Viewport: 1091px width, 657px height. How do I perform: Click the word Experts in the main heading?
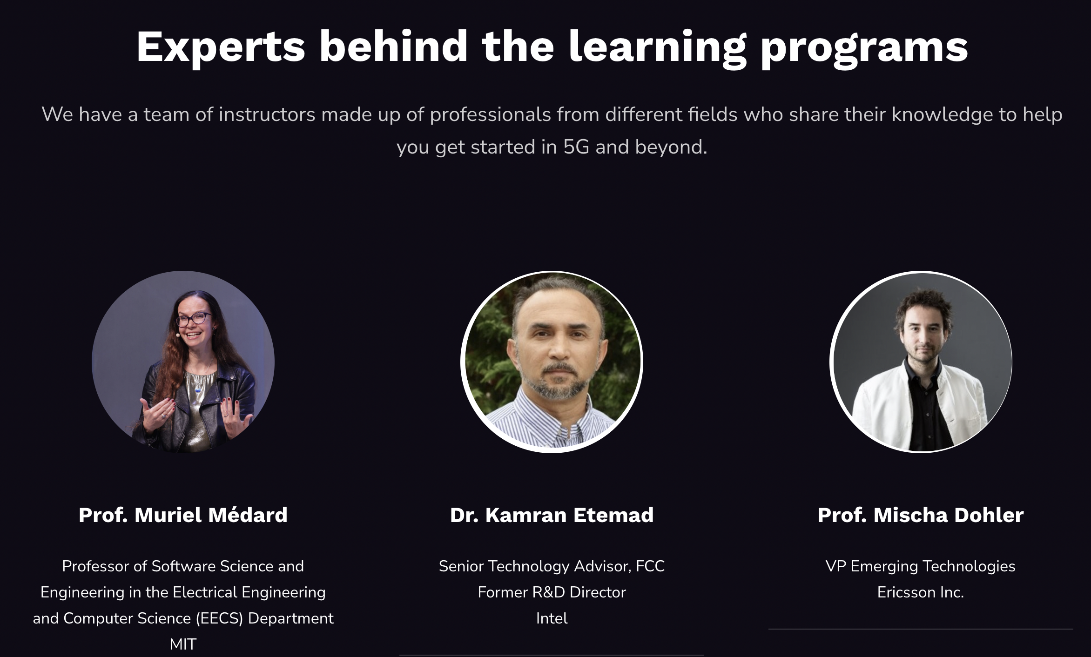(221, 47)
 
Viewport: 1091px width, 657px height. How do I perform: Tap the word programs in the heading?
(864, 47)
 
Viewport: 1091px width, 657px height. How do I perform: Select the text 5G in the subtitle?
(576, 147)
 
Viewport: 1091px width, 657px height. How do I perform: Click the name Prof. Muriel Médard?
(183, 515)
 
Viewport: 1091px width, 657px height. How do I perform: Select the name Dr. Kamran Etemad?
(552, 515)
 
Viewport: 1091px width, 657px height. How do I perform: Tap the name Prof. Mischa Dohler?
(921, 515)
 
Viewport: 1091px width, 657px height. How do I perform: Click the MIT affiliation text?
(183, 644)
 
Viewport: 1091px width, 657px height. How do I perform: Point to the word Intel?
(552, 618)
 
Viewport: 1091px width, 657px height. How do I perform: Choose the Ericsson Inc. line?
(921, 592)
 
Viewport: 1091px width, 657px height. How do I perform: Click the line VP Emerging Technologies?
(921, 566)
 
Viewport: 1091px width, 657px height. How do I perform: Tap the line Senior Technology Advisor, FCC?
(552, 566)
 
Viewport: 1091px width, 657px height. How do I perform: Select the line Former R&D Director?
(552, 592)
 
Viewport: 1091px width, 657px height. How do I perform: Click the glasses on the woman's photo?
(194, 319)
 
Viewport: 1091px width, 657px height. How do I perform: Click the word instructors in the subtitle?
(267, 114)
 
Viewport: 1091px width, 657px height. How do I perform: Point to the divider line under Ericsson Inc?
(921, 629)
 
